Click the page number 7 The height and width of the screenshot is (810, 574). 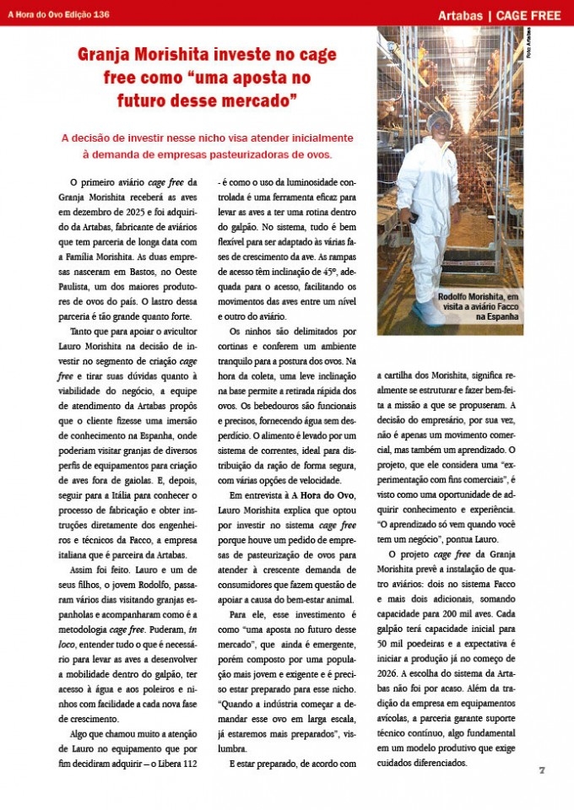[x=543, y=770]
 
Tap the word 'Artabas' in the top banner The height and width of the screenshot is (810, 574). [x=463, y=16]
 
